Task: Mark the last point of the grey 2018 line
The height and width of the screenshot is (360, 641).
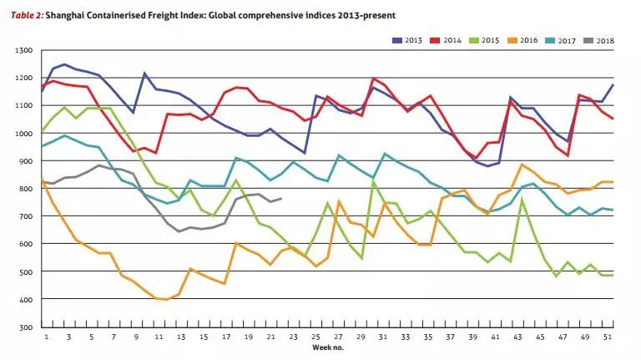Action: tap(281, 199)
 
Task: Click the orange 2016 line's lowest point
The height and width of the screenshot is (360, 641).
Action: tap(167, 299)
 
